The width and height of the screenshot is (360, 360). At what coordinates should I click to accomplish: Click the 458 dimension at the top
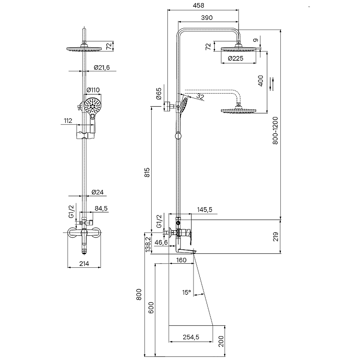pos(198,5)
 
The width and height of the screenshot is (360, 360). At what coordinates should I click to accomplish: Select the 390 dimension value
pos(207,18)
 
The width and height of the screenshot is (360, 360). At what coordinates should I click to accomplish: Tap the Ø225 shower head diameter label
pos(235,58)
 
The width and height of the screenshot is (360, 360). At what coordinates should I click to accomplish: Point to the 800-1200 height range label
pos(275,130)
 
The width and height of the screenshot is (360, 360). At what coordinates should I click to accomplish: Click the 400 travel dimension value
pos(261,81)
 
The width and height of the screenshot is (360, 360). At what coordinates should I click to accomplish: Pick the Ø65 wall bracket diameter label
pos(159,94)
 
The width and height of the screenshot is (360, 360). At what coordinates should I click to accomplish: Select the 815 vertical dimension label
pos(147,172)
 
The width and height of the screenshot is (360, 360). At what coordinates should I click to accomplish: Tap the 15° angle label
pos(187,292)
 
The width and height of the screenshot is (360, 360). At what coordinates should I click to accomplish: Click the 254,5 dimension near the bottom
pos(191,337)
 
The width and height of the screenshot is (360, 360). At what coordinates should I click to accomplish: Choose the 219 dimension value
pos(275,237)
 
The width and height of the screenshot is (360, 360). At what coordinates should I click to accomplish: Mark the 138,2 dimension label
pos(148,244)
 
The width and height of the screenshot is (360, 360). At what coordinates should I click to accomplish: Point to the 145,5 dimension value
pos(205,210)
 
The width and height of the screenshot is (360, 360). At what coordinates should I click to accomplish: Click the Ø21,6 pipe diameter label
pos(102,67)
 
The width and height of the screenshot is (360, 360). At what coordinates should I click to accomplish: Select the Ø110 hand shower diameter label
pos(93,90)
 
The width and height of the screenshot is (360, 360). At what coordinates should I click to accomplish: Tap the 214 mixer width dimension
pos(84,264)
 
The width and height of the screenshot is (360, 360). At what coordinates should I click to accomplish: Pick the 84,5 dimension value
pos(101,208)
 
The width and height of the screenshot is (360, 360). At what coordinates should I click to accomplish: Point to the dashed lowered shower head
pos(238,111)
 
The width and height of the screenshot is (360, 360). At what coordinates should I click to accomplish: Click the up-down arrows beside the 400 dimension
pos(272,84)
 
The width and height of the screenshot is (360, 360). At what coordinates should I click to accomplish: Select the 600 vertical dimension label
pos(151,308)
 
